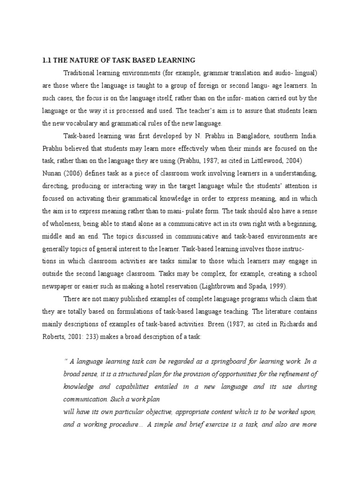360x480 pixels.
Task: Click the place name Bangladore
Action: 249,136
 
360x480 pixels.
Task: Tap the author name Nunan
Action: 53,174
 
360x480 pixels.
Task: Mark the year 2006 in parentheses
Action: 75,174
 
